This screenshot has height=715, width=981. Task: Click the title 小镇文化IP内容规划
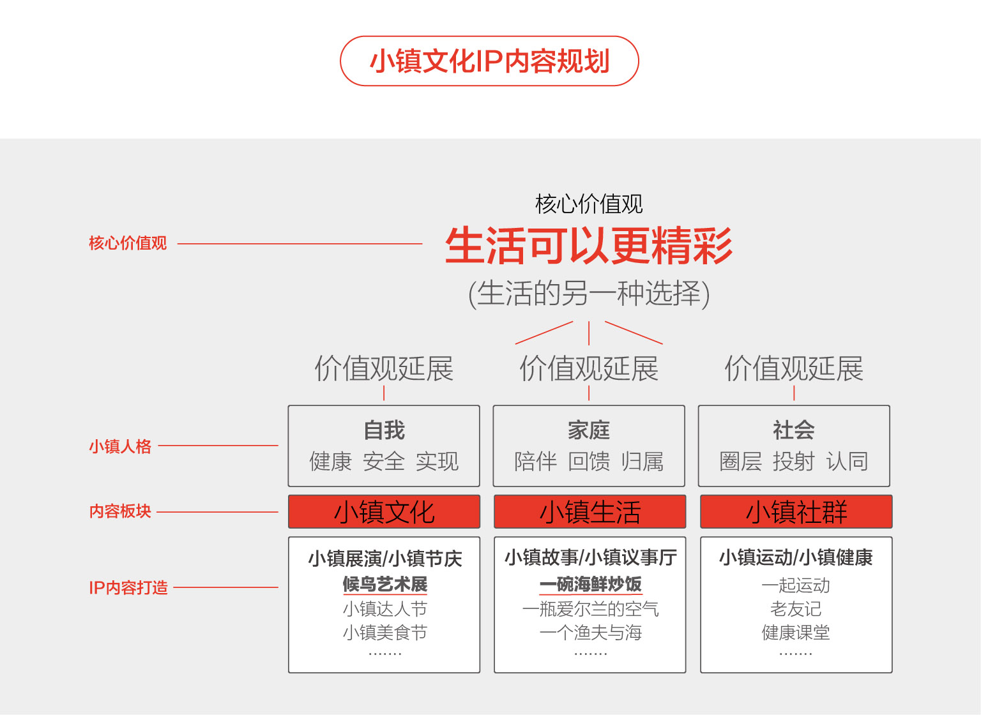[x=490, y=61]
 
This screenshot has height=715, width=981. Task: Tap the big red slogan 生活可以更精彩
[x=589, y=245]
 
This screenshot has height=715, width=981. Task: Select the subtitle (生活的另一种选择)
[x=589, y=294]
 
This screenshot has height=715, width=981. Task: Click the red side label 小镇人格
[x=120, y=446]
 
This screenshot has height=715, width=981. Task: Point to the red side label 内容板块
[x=120, y=511]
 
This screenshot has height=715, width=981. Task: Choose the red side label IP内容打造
[x=128, y=587]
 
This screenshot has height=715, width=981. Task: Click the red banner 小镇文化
[x=384, y=511]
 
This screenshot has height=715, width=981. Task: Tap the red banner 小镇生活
[x=590, y=511]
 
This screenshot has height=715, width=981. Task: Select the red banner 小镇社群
[x=796, y=511]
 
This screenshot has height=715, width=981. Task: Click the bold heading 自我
[x=384, y=430]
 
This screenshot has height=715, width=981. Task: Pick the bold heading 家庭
[x=589, y=430]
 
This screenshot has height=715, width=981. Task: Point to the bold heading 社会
[x=794, y=430]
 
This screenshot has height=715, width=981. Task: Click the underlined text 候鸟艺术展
[x=385, y=584]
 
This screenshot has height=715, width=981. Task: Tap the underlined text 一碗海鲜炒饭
[x=590, y=584]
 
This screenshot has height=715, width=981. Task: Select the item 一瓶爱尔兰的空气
[x=590, y=609]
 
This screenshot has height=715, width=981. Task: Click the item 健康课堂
[x=796, y=633]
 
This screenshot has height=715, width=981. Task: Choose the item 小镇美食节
[x=385, y=633]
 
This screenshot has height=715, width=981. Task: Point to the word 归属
[x=643, y=462]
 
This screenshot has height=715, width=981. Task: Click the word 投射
[x=794, y=462]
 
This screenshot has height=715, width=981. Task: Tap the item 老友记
[x=796, y=609]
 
